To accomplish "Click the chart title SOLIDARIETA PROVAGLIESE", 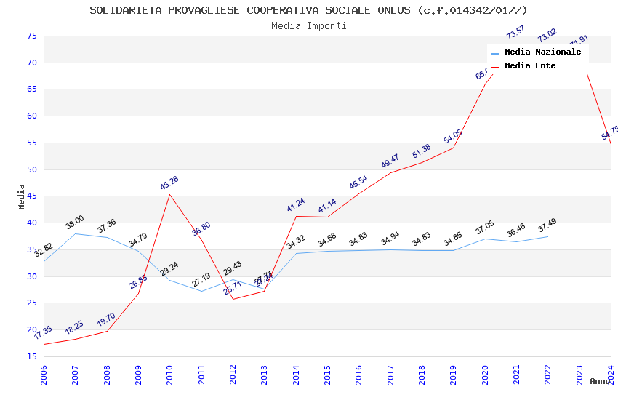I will click(308, 10).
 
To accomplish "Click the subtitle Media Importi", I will click(308, 25).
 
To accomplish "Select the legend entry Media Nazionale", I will click(542, 52).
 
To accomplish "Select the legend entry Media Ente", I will click(530, 66).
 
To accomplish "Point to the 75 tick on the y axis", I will click(31, 36).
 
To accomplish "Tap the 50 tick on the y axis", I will click(31, 169).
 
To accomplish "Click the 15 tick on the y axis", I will click(31, 356).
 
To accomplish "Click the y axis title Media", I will click(22, 196).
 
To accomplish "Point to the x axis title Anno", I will click(600, 381).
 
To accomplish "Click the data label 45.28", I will click(169, 183).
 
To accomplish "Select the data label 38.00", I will click(75, 223).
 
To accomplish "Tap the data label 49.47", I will click(390, 161).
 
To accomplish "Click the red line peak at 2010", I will click(169, 194).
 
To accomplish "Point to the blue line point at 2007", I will click(75, 233).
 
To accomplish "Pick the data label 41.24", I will click(296, 205).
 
